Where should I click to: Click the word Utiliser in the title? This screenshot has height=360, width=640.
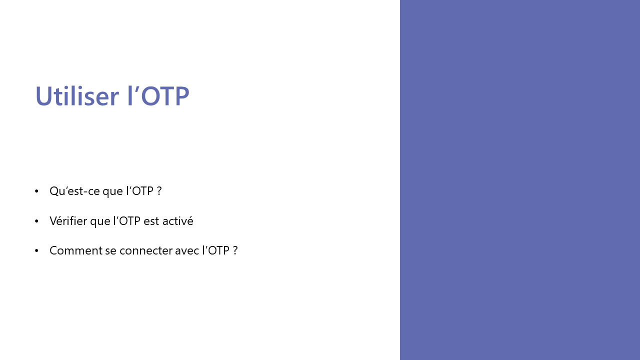(77, 95)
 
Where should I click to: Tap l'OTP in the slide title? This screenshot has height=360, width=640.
(158, 95)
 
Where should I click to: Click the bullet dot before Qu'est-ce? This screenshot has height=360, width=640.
(36, 191)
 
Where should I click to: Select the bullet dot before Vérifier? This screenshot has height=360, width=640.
(36, 221)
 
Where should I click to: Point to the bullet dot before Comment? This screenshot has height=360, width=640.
(36, 250)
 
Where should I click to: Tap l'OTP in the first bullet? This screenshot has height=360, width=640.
(140, 191)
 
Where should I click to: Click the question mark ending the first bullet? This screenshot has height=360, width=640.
(159, 191)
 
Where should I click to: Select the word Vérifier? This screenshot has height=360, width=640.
(68, 221)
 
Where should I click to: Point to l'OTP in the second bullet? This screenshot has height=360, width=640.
(127, 221)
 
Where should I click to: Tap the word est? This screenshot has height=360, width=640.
(151, 221)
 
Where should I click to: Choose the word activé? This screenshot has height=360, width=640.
(177, 221)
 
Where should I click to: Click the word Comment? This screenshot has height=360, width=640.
(75, 250)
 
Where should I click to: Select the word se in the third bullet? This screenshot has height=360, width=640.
(111, 251)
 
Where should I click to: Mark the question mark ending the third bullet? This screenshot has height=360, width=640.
(235, 250)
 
